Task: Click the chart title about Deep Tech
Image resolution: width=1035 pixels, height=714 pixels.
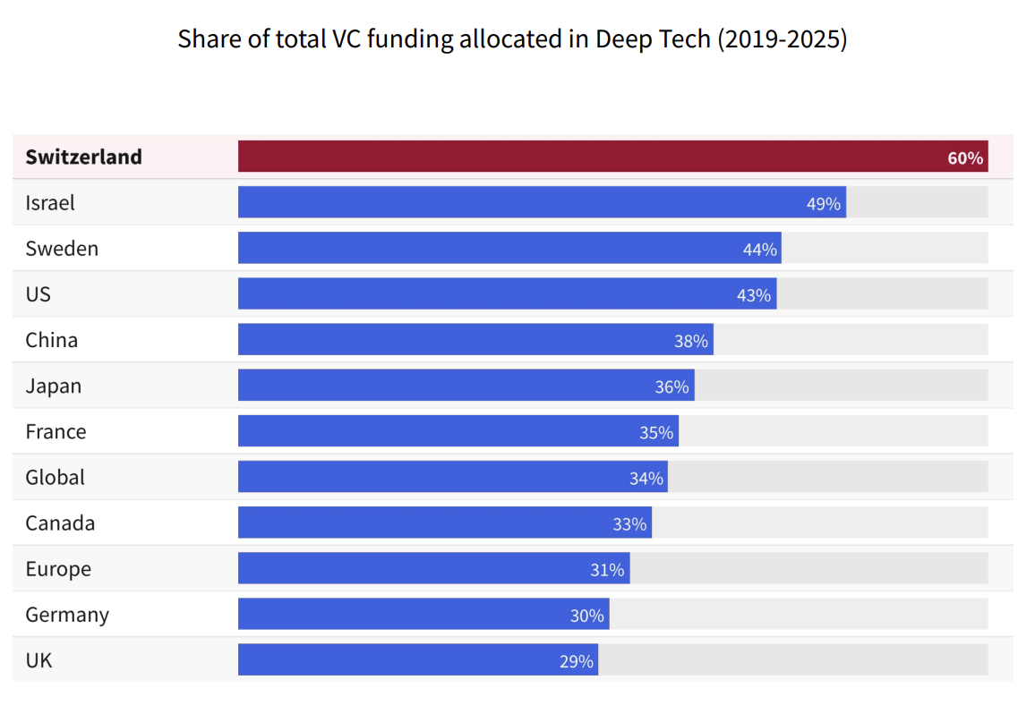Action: [512, 40]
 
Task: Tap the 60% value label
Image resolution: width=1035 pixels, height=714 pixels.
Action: [965, 159]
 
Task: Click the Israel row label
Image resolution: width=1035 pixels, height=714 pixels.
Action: [50, 203]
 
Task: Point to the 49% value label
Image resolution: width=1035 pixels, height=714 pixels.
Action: [824, 204]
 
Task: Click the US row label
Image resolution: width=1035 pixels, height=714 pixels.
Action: [38, 294]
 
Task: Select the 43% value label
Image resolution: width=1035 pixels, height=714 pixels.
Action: [754, 295]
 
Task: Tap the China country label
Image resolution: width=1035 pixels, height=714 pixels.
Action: [52, 340]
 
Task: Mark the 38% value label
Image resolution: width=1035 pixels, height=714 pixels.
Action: [691, 341]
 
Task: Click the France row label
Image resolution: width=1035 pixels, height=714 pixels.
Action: [56, 432]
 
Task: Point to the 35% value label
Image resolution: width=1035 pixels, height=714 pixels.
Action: [656, 433]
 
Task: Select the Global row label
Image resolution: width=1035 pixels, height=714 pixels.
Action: [56, 478]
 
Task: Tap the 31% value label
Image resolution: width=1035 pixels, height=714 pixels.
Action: [607, 570]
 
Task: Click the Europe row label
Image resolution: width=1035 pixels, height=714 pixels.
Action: [58, 569]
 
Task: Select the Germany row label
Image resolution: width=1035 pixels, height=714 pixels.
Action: [67, 615]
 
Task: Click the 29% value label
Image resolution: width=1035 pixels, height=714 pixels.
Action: [577, 661]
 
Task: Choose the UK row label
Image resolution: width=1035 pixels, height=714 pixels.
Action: [38, 661]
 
